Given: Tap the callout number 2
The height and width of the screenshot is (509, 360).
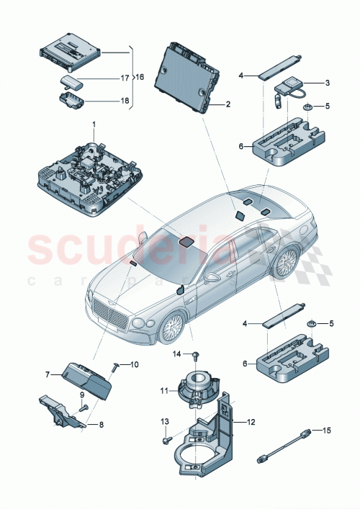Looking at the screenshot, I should coord(228,104).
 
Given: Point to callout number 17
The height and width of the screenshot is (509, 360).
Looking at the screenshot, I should coord(124,77).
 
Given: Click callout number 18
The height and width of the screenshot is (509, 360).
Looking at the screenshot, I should coord(125,101).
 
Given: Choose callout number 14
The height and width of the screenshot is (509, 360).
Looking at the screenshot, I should coord(176,353).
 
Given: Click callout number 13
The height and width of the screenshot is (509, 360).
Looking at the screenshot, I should coord(163,421).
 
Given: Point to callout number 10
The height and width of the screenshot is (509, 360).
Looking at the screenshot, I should coord(133,365).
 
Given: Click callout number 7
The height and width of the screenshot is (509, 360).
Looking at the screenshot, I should coord(48,375).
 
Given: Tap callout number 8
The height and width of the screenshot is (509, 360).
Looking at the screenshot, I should coord(101,425).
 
